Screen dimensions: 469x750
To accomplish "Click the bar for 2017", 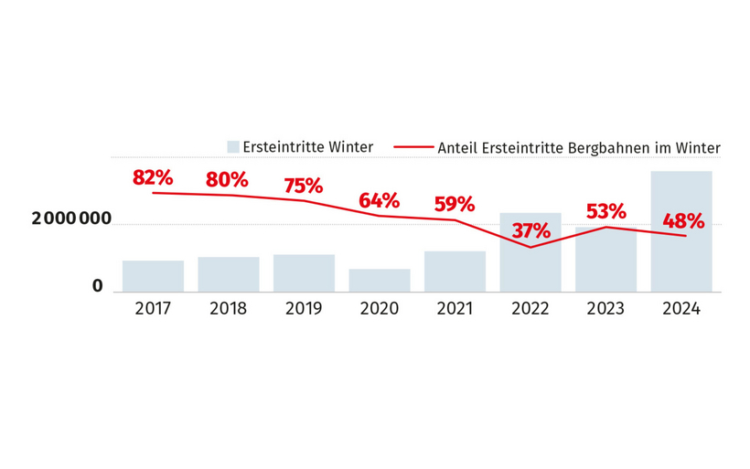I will pyautogui.click(x=153, y=276).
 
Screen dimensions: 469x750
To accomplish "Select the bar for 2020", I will pyautogui.click(x=380, y=281).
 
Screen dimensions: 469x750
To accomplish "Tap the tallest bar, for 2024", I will pyautogui.click(x=681, y=232).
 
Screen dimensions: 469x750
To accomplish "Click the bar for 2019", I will pyautogui.click(x=304, y=273).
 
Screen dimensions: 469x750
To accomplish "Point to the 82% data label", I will pyautogui.click(x=152, y=177).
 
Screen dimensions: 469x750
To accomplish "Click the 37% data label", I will pyautogui.click(x=530, y=230).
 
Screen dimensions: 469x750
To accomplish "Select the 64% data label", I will pyautogui.click(x=379, y=200).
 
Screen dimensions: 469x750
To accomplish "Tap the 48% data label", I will pyautogui.click(x=682, y=220).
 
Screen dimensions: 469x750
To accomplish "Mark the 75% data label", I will pyautogui.click(x=303, y=186).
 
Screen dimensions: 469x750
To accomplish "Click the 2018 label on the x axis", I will pyautogui.click(x=228, y=309).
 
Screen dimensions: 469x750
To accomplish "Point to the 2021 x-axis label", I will pyautogui.click(x=455, y=309).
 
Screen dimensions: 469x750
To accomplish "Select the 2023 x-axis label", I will pyautogui.click(x=605, y=309).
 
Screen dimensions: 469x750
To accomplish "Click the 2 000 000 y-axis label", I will pyautogui.click(x=71, y=219).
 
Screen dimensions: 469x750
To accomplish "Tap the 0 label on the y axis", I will pyautogui.click(x=97, y=287).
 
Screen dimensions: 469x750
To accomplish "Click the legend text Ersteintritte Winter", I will pyautogui.click(x=307, y=147).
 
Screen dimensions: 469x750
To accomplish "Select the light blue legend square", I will pyautogui.click(x=233, y=147).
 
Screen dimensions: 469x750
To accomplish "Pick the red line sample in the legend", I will pyautogui.click(x=412, y=147).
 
